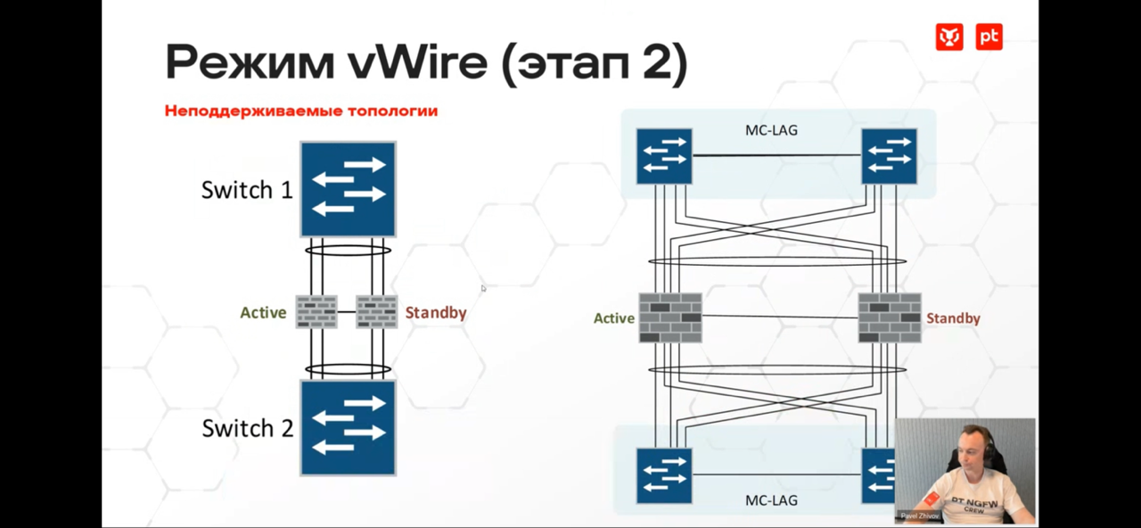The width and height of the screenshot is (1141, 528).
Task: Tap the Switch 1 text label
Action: click(x=247, y=190)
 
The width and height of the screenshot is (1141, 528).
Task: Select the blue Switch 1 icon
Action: click(x=348, y=189)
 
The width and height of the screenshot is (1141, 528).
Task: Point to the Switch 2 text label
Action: click(x=247, y=428)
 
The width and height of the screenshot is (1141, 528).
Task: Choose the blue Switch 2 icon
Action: click(x=348, y=428)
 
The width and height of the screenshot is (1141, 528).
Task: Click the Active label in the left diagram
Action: click(x=263, y=313)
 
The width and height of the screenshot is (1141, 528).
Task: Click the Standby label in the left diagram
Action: click(x=436, y=313)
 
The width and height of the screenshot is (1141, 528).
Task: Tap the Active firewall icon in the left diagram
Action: click(x=316, y=312)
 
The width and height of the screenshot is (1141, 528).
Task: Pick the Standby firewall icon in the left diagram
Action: click(x=377, y=312)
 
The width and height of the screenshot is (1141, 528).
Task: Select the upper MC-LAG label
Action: click(x=771, y=130)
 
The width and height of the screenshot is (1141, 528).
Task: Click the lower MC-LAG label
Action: click(x=771, y=500)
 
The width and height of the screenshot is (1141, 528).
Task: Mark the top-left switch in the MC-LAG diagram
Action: click(x=664, y=156)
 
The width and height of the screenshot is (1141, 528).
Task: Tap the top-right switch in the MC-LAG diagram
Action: click(x=889, y=156)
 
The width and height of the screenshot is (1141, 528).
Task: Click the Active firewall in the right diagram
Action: click(x=670, y=318)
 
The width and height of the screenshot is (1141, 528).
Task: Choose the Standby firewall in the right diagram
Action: click(x=890, y=318)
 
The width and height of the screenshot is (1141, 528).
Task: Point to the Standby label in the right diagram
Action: click(x=953, y=318)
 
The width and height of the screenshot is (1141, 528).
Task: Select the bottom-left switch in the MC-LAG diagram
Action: click(x=664, y=474)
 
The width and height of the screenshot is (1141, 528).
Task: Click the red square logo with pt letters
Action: click(x=989, y=37)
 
